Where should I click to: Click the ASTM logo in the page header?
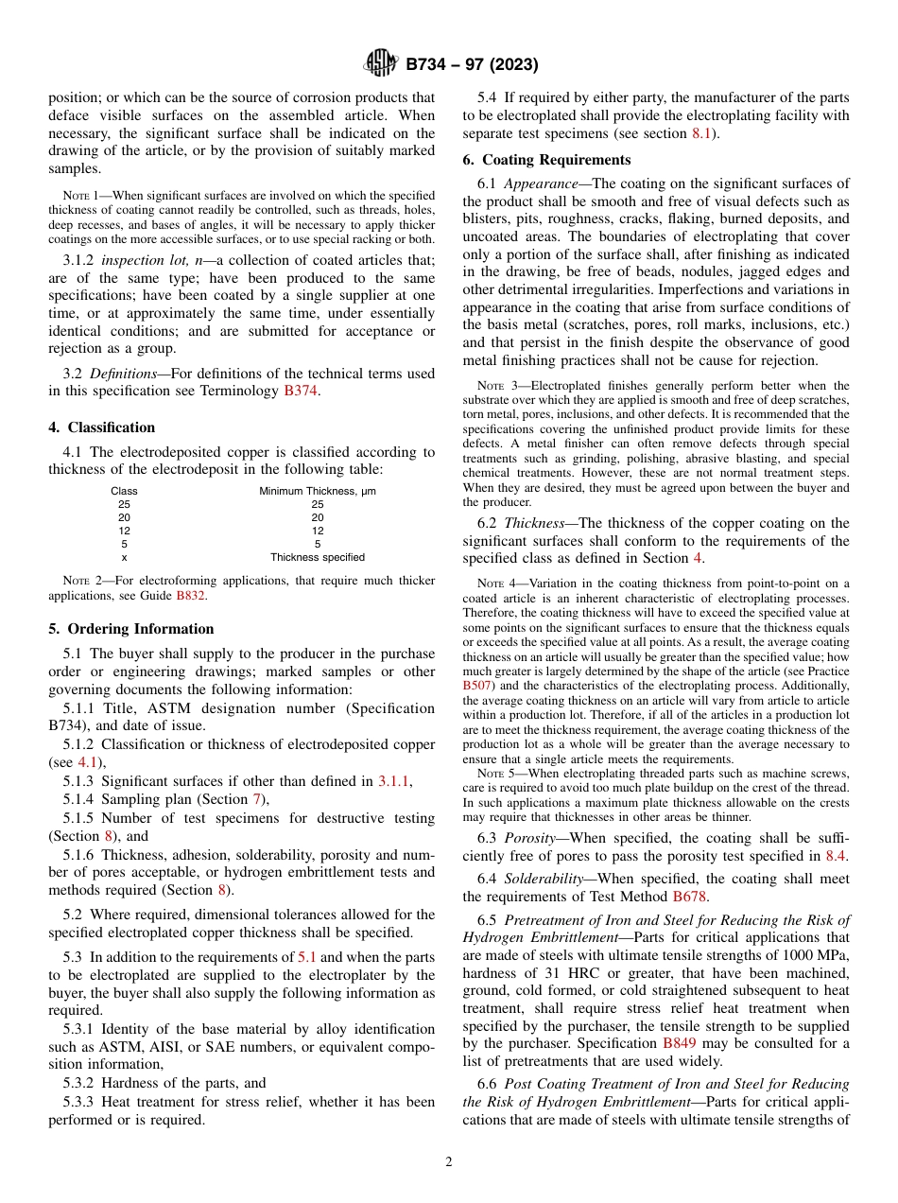point(382,64)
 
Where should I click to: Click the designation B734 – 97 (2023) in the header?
point(472,65)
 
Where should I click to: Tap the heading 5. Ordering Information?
point(131,629)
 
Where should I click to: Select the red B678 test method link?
point(689,897)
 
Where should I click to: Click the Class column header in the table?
point(124,491)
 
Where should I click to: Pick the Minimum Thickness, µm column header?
point(318,491)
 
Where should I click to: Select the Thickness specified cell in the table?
point(318,557)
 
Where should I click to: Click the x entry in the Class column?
point(124,557)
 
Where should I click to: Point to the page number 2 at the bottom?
point(449,1162)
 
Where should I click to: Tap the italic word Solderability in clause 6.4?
point(544,879)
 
